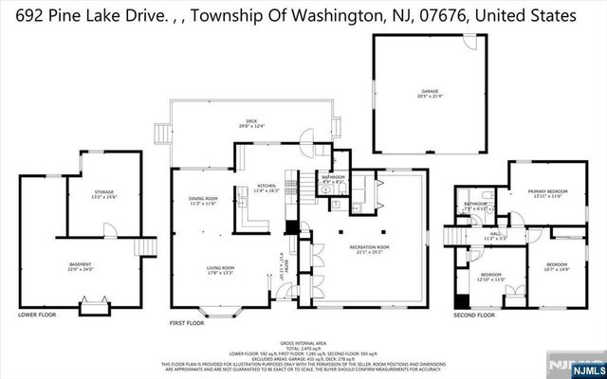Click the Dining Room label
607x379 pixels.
click(x=203, y=201)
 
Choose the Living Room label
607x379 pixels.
click(x=221, y=270)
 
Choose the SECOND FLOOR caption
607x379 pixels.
click(x=474, y=315)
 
